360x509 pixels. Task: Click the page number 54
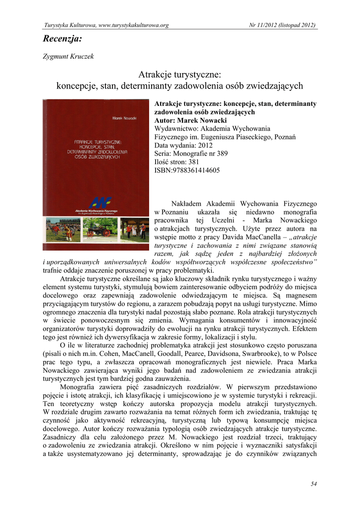pos(313,484)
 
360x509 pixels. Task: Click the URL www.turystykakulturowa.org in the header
pos(130,25)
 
